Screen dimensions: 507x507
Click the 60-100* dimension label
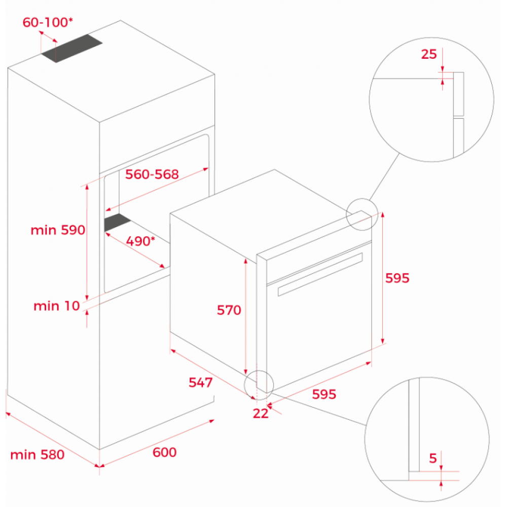tap(48, 22)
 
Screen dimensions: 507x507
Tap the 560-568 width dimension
tap(152, 174)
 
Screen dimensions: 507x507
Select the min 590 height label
tap(58, 230)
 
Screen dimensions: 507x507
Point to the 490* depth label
tap(140, 241)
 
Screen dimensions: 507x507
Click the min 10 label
tap(57, 306)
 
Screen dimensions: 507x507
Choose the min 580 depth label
tap(38, 455)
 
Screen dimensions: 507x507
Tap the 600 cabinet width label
tap(165, 452)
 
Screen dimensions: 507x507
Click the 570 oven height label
tap(229, 310)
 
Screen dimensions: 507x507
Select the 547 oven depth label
tap(200, 382)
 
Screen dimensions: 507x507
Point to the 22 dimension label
tap(261, 414)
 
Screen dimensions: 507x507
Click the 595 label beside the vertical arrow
tap(397, 278)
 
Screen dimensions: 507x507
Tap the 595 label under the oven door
tap(324, 394)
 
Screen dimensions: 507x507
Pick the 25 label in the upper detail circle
tap(429, 54)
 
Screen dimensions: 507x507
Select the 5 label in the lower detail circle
tap(433, 458)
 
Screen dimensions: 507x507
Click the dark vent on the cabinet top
tap(72, 48)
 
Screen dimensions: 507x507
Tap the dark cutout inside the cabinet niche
tap(117, 222)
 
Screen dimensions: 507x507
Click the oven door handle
tap(320, 274)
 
